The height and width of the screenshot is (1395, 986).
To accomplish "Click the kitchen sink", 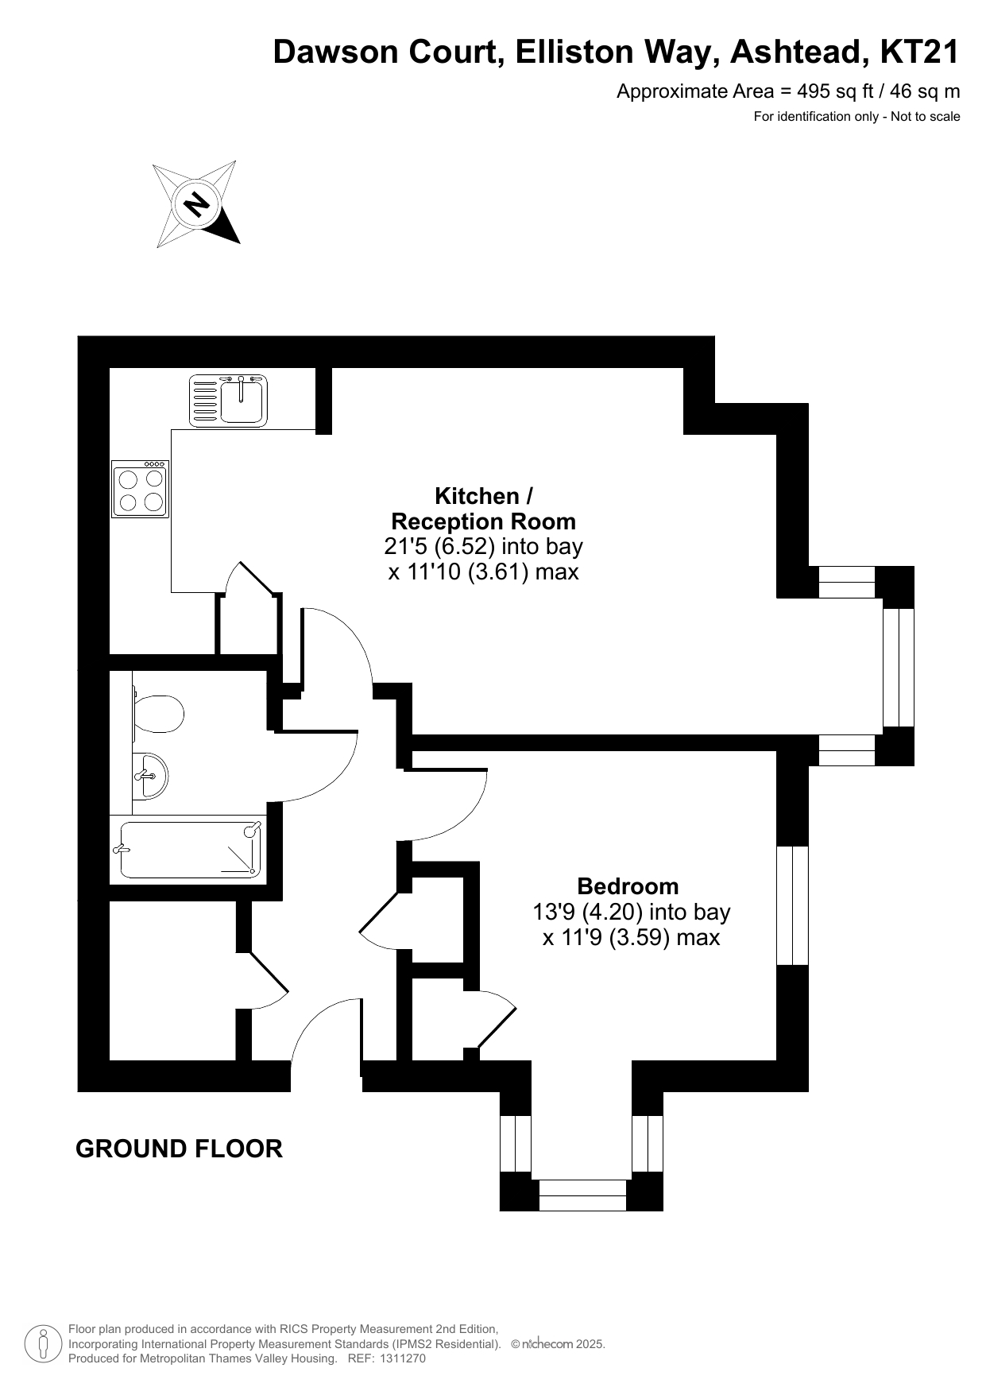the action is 228,400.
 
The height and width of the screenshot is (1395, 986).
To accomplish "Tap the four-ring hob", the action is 141,489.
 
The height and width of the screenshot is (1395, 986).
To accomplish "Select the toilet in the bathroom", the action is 158,714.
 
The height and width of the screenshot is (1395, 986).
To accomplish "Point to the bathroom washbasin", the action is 150,775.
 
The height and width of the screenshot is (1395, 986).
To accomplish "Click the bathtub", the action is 191,851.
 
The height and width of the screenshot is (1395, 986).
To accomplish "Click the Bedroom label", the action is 628,885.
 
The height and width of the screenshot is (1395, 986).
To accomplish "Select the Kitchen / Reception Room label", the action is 484,509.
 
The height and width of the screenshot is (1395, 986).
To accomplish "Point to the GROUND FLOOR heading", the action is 179,1149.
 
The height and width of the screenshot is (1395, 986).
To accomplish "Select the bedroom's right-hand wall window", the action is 792,905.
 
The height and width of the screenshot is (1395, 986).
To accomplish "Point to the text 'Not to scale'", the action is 926,117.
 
